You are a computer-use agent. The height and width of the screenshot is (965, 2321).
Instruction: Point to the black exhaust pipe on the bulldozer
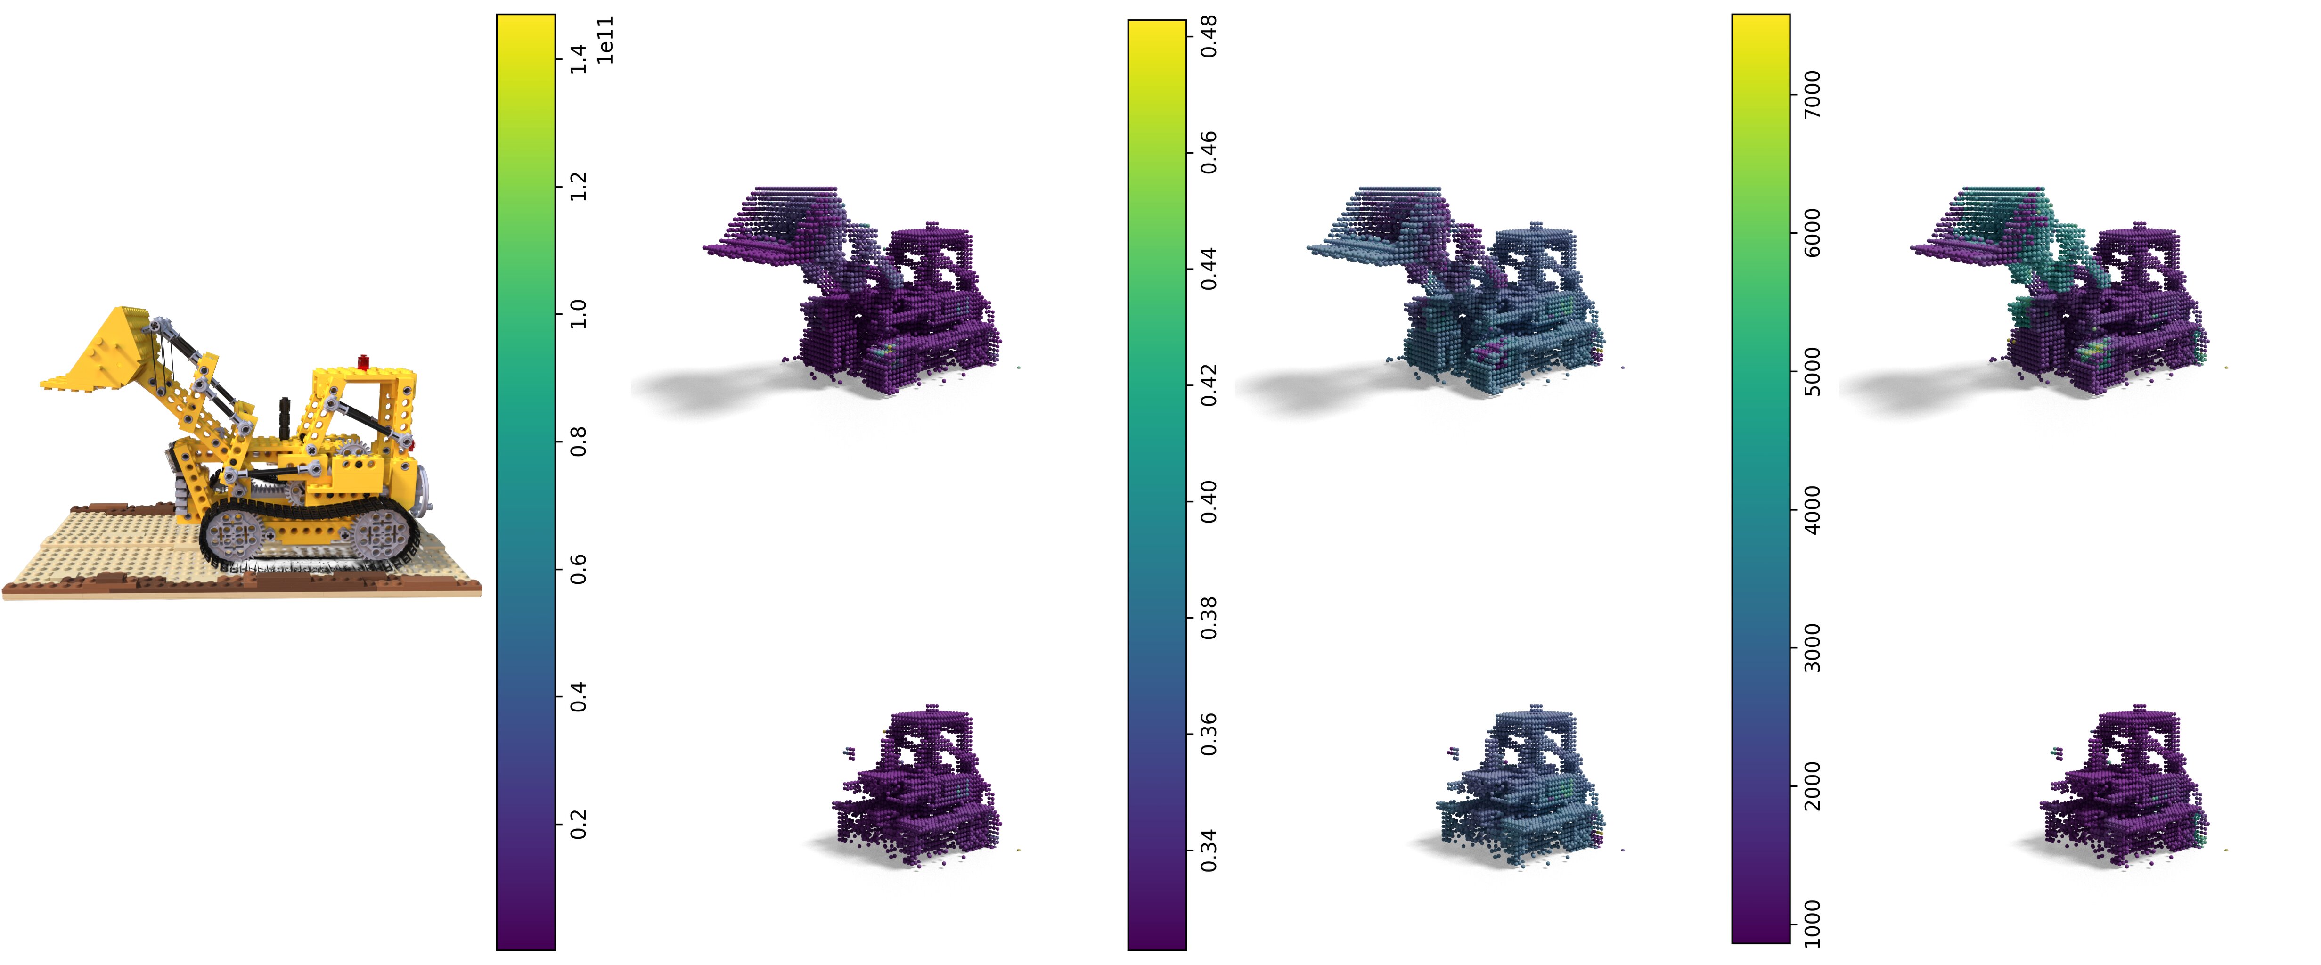coord(285,417)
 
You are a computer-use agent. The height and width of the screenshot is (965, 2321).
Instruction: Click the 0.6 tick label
coord(578,569)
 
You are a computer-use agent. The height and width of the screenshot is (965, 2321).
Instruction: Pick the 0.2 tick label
coord(578,824)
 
